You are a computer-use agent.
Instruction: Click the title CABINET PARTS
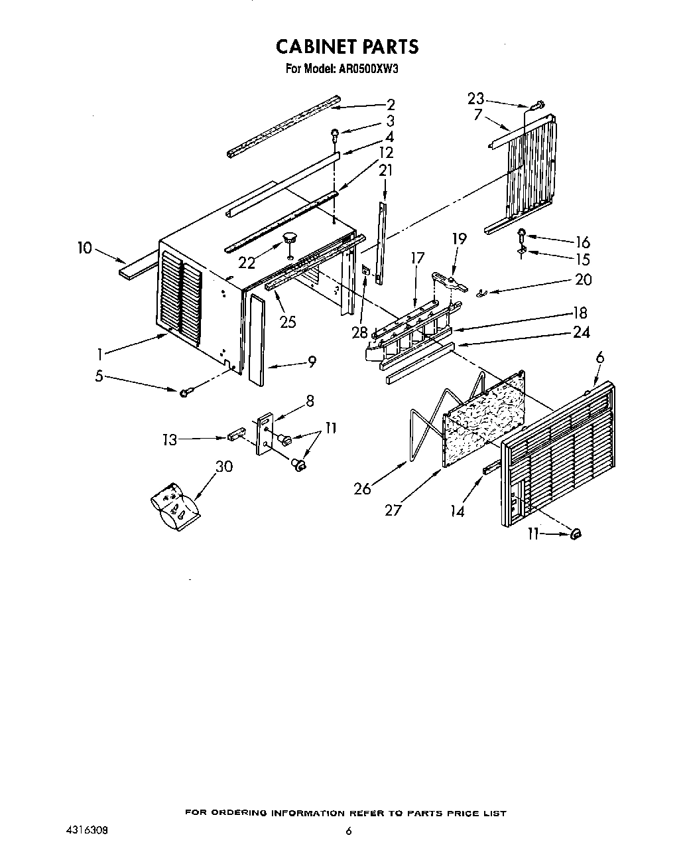[x=347, y=46]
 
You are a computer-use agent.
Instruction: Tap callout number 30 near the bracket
[x=224, y=467]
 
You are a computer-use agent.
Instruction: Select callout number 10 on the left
[x=84, y=248]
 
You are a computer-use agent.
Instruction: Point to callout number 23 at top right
[x=475, y=98]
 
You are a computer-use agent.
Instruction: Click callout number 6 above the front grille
[x=599, y=357]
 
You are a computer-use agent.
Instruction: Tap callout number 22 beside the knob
[x=247, y=263]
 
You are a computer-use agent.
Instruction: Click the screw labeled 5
[x=184, y=393]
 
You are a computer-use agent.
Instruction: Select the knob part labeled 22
[x=289, y=237]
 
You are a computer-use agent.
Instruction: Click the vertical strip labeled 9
[x=257, y=340]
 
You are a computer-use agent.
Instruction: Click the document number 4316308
[x=87, y=830]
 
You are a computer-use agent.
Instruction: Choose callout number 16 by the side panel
[x=582, y=242]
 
